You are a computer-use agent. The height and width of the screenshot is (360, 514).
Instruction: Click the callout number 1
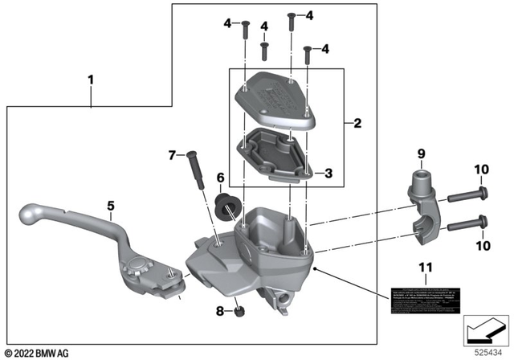click(91, 80)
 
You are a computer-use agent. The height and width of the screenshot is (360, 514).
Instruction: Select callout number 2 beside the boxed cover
click(357, 124)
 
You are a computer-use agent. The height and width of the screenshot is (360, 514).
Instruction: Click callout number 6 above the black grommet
click(219, 177)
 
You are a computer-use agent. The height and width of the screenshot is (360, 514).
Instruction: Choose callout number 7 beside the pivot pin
click(170, 153)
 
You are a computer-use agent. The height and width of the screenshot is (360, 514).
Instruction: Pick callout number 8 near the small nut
click(218, 309)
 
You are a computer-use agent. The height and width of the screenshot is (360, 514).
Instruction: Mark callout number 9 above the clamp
click(419, 152)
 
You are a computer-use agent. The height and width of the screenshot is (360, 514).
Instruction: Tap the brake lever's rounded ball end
click(27, 215)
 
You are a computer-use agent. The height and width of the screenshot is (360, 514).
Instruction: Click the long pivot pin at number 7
click(195, 170)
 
